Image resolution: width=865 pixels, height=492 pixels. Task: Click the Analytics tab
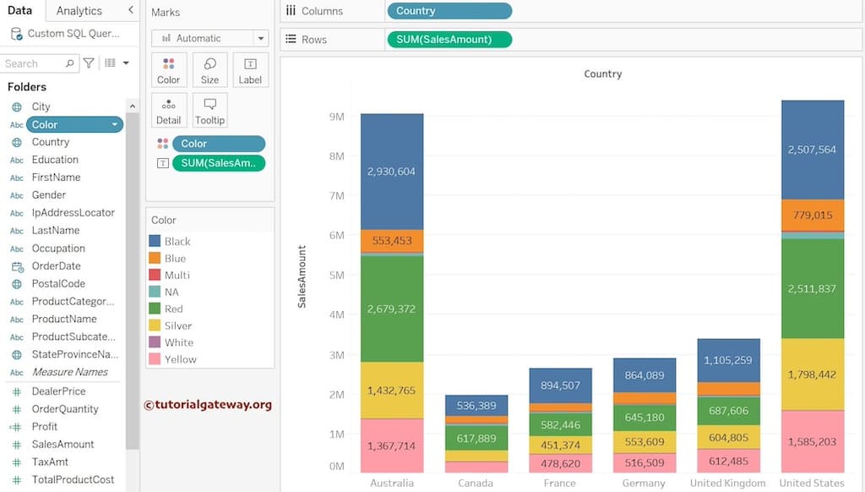point(79,11)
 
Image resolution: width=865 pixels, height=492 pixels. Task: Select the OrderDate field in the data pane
point(56,266)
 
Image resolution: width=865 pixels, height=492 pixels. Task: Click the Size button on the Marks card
point(209,70)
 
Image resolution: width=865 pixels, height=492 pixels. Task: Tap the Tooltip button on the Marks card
point(209,110)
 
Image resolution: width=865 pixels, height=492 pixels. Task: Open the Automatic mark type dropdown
point(209,38)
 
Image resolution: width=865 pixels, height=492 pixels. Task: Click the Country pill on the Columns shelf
point(449,11)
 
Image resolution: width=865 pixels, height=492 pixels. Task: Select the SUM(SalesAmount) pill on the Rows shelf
point(449,40)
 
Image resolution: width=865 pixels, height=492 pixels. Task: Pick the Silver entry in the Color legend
point(177,325)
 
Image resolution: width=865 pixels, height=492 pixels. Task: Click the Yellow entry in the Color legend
point(180,359)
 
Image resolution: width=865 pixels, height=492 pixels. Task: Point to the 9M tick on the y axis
point(336,117)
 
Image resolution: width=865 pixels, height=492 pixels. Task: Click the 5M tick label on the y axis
point(336,276)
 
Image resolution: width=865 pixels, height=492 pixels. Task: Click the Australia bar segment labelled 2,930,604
point(391,172)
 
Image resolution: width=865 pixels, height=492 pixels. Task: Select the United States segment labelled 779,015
point(812,216)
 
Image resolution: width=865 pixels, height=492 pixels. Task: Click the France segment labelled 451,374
point(560,446)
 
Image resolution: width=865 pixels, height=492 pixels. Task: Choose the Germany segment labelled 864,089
point(645,375)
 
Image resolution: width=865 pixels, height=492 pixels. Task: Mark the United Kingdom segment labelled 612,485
point(728,461)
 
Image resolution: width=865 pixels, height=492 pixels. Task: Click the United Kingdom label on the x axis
point(728,484)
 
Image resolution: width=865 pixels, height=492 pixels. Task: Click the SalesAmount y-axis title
point(302,276)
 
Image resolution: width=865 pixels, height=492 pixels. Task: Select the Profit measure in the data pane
point(45,427)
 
